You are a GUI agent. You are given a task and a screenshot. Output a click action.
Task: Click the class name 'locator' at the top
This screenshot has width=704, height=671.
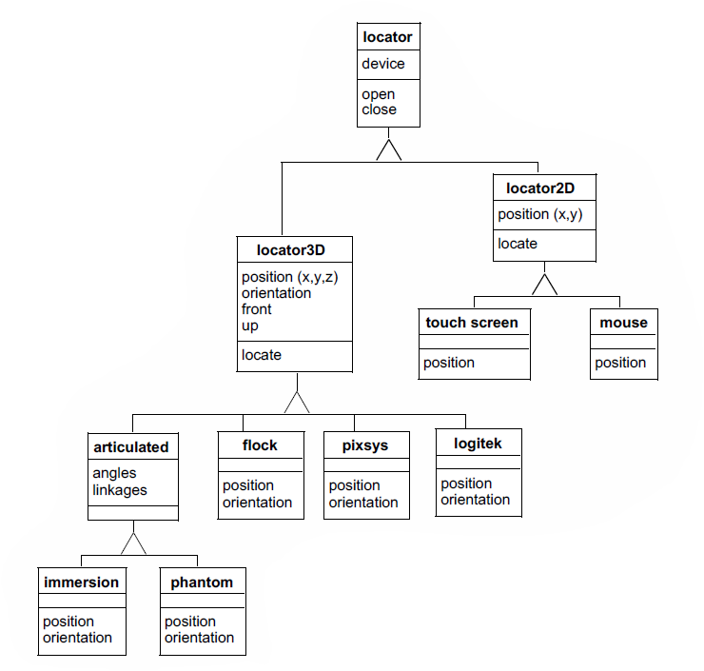[387, 38]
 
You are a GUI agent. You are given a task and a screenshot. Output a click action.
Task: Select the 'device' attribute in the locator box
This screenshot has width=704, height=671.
[383, 64]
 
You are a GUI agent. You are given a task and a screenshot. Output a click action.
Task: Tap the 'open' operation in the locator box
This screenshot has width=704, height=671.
[379, 94]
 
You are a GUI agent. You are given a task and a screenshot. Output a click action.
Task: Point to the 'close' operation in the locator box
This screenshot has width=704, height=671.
[380, 109]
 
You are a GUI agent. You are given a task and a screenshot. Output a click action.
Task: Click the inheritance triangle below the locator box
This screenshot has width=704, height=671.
[388, 149]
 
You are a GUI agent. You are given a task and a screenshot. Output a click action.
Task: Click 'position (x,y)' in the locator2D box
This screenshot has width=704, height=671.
[540, 214]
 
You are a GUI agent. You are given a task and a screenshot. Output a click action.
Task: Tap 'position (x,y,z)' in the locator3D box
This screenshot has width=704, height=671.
[290, 277]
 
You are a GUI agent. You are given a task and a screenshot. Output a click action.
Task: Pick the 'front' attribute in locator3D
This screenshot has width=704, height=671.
[257, 309]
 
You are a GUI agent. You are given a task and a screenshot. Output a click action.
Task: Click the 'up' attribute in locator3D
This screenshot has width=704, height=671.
[250, 326]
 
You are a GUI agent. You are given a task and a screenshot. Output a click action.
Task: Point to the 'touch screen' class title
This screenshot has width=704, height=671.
[472, 323]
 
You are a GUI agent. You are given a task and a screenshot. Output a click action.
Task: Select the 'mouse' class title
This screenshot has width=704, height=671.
[623, 323]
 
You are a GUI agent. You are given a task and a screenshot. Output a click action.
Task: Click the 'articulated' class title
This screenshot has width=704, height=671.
[131, 446]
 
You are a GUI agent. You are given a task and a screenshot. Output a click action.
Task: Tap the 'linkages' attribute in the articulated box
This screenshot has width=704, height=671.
[120, 489]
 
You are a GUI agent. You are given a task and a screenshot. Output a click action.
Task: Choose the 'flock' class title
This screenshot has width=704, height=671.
[260, 444]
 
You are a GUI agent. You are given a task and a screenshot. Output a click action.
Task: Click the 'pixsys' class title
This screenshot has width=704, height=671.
[365, 445]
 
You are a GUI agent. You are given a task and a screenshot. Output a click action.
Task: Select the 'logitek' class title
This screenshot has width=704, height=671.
[478, 443]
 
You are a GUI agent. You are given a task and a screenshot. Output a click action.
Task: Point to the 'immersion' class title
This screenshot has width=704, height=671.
[81, 582]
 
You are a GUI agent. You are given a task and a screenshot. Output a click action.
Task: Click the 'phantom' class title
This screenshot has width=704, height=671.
[201, 582]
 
